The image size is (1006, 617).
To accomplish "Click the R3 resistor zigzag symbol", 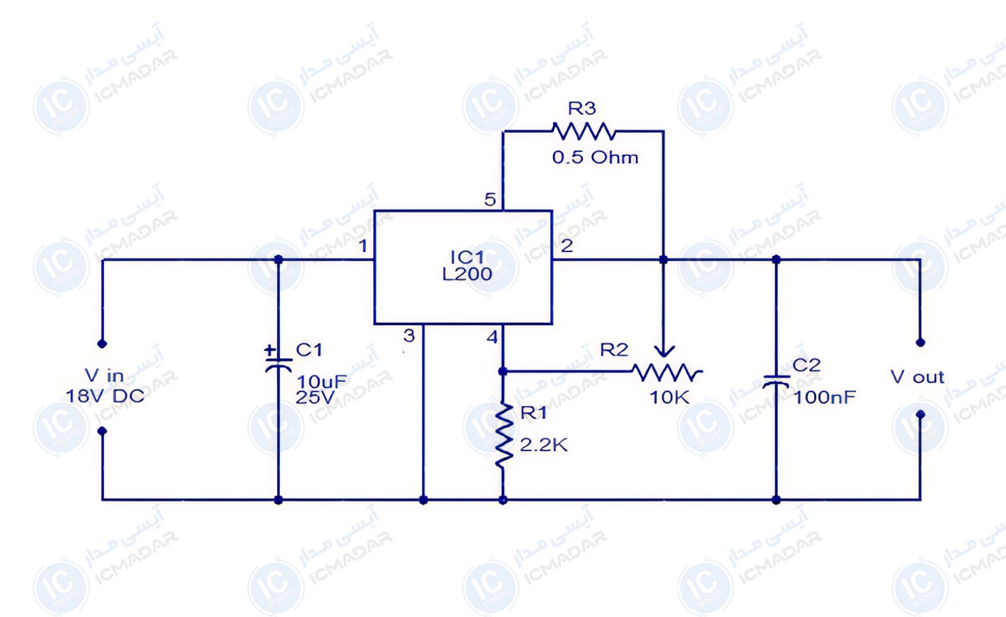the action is [x=584, y=132].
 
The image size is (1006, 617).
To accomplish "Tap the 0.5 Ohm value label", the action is [x=595, y=157].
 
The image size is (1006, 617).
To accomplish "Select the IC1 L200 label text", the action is [x=467, y=266].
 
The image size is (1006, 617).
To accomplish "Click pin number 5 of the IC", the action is [x=490, y=199].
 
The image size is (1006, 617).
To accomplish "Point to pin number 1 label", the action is [x=363, y=246].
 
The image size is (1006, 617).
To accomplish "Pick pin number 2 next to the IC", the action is [x=566, y=246].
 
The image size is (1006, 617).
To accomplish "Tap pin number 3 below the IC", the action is [x=409, y=335].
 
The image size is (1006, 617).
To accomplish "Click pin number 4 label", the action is [x=492, y=337].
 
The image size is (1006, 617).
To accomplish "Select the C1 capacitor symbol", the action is [x=279, y=363].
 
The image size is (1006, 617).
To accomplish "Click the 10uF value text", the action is [x=321, y=381].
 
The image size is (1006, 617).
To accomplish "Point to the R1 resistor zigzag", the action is [x=503, y=436].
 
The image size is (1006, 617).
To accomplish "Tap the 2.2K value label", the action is [x=544, y=445].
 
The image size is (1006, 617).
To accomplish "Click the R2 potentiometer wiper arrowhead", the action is [x=663, y=351].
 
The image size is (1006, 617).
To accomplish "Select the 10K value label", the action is [x=669, y=397].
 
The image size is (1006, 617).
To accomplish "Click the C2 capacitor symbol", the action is [x=776, y=380].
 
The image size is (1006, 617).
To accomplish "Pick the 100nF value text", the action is [x=824, y=397].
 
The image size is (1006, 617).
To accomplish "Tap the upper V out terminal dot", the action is [x=920, y=343].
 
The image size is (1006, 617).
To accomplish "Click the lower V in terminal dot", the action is [x=102, y=431].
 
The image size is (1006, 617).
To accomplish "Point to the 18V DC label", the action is [x=105, y=396].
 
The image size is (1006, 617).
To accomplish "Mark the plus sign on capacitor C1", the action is [x=270, y=349].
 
